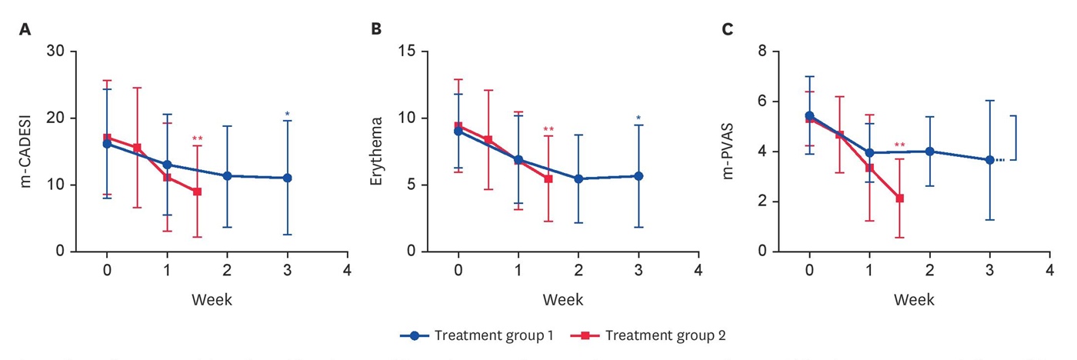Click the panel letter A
tap(25, 30)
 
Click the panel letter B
tap(376, 30)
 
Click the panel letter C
tap(727, 30)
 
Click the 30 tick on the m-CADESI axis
tap(56, 52)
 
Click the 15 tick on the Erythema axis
tap(408, 52)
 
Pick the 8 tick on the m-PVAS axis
tap(763, 52)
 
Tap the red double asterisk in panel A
tap(198, 140)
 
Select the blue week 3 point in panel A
tap(287, 178)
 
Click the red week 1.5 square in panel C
tap(899, 198)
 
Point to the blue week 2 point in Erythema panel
tap(578, 179)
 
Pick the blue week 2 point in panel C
tap(929, 152)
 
